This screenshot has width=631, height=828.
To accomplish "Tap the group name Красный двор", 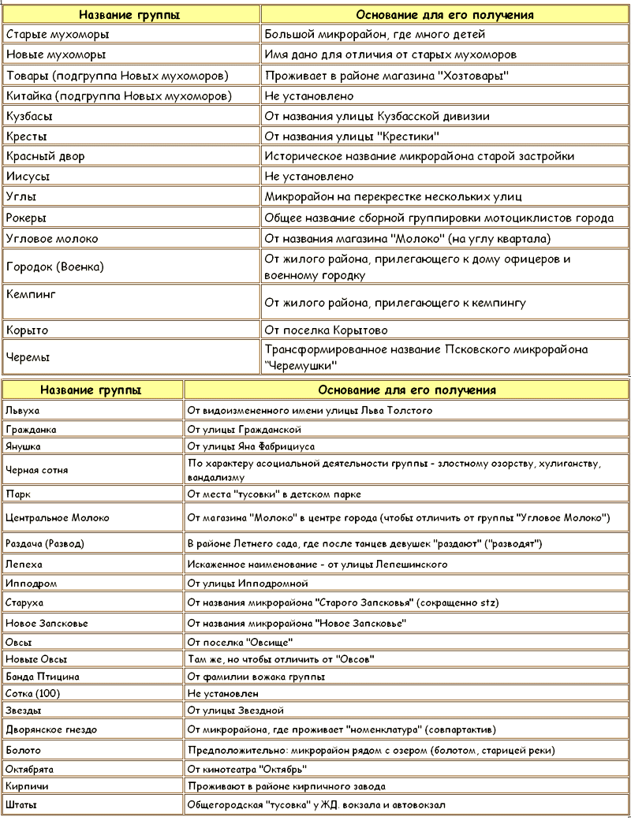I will point(45,156).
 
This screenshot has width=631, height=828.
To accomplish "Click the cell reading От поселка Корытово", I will point(327,330).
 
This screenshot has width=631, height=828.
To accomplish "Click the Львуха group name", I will point(22,411).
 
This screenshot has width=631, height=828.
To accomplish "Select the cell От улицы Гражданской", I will point(245,430).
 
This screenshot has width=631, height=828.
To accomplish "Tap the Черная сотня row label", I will point(36,470).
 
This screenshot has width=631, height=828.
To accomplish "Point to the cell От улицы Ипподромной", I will point(248,584).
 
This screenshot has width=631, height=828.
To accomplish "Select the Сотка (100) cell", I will point(32,693).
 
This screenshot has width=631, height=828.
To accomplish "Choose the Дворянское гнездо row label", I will point(50,730).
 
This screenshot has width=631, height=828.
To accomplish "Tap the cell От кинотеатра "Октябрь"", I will point(247,769).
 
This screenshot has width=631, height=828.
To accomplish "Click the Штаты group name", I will point(21,805).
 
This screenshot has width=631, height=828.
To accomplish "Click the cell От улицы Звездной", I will point(241,711).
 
